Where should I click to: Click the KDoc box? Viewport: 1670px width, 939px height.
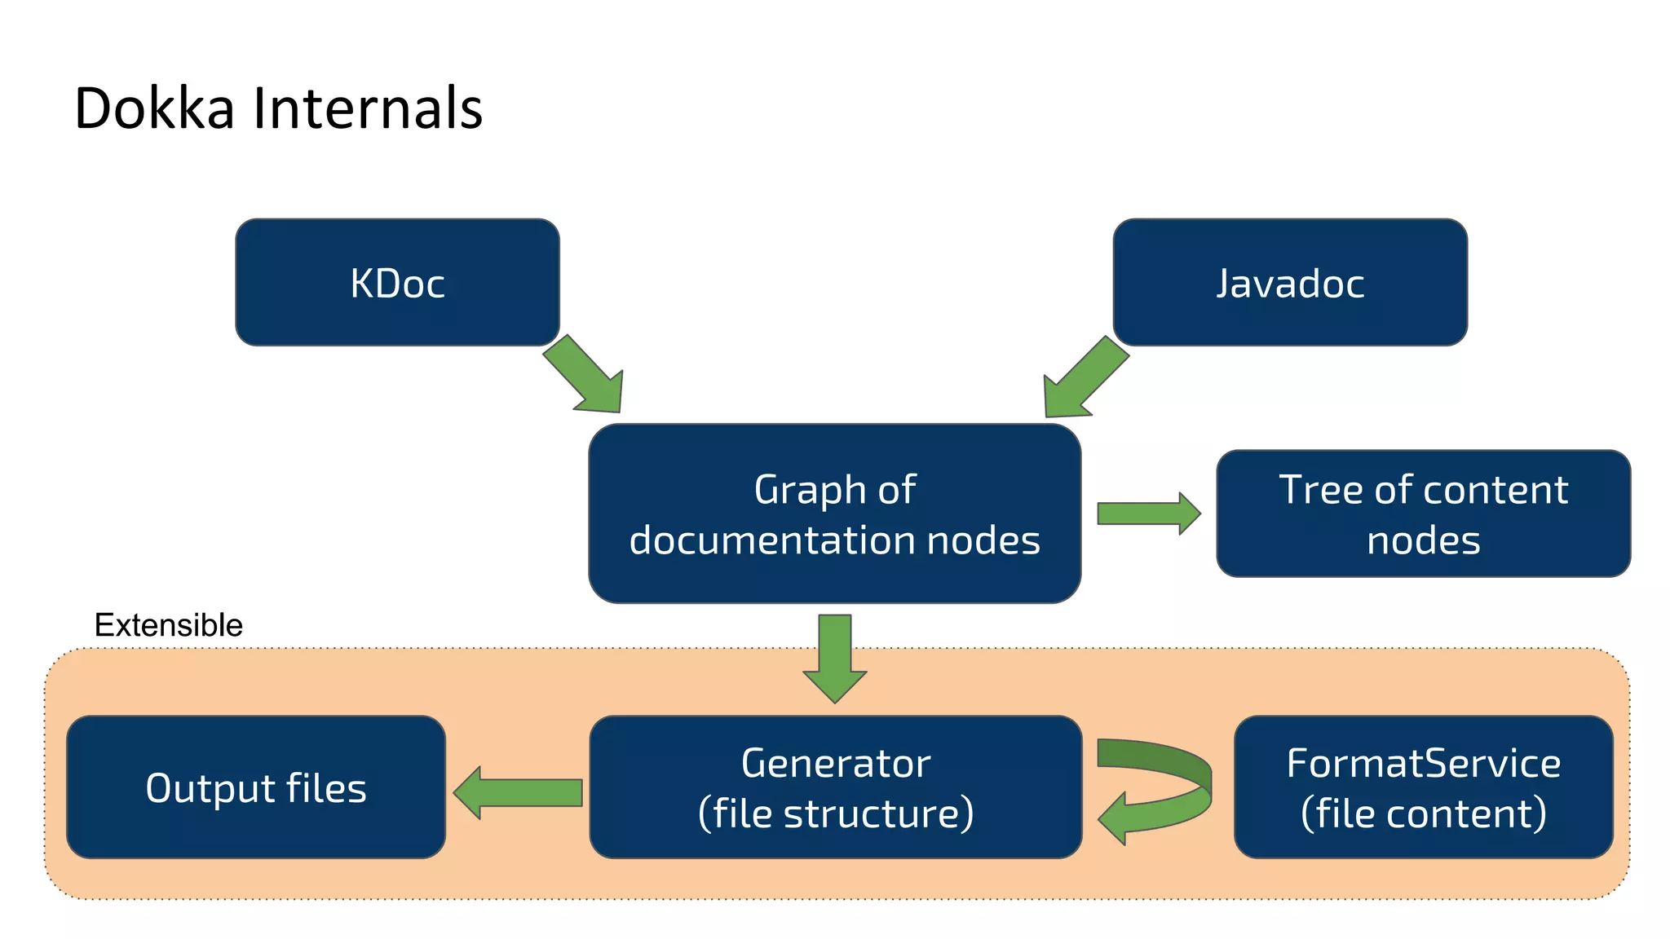(397, 282)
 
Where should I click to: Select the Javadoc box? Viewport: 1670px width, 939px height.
(1289, 282)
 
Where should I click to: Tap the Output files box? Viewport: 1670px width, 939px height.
(255, 787)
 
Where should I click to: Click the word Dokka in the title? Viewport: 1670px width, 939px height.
(154, 108)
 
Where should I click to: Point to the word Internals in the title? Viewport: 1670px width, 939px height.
(368, 108)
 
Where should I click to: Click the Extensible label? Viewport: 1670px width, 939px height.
(168, 625)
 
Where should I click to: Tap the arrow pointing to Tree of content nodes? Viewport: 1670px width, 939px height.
(1147, 514)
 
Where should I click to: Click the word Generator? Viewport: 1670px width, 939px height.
(835, 763)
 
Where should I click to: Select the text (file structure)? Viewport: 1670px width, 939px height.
(835, 813)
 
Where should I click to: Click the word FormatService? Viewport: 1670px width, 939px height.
(1423, 763)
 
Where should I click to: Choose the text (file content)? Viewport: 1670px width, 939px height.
(1423, 813)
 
